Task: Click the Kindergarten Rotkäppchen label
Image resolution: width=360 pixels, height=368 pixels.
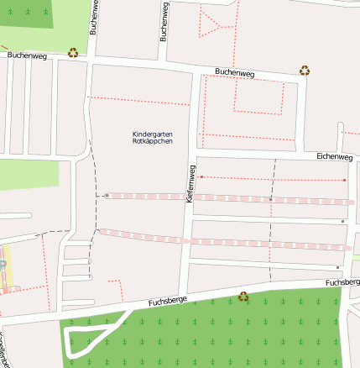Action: tap(153, 138)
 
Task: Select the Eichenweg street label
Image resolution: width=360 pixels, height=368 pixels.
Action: tap(334, 156)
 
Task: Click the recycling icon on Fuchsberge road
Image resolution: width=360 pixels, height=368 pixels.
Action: tap(243, 296)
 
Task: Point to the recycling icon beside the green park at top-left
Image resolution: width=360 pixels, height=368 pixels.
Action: tap(74, 52)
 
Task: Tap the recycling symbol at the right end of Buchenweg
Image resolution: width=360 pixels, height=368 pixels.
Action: tap(305, 71)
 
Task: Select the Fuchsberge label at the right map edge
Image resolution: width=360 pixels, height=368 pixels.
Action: tap(342, 283)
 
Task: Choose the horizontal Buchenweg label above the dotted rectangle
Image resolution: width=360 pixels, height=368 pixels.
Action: tap(234, 73)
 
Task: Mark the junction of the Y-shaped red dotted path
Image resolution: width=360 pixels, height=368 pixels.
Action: tap(219, 27)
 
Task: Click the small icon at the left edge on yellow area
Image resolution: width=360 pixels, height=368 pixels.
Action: tap(3, 265)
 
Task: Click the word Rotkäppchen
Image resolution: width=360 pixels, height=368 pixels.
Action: tap(153, 142)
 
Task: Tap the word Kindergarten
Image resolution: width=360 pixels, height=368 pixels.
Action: tap(153, 134)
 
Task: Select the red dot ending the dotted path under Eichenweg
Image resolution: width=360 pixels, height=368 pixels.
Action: tap(344, 179)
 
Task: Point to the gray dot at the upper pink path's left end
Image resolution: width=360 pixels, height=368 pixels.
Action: tap(107, 195)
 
